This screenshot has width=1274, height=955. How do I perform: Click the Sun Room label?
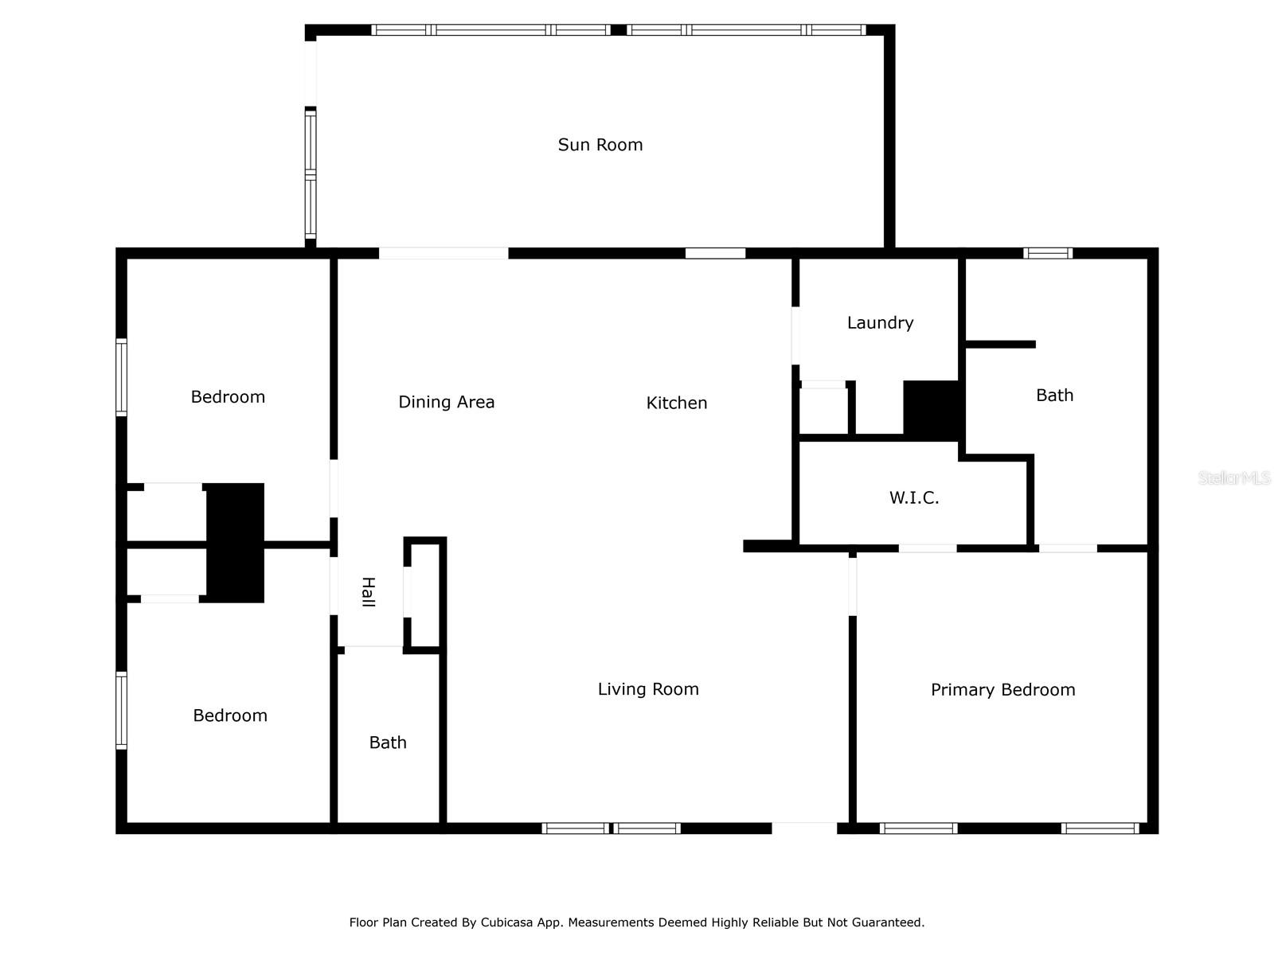pos(600,145)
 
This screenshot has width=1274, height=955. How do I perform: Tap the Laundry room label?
pos(880,323)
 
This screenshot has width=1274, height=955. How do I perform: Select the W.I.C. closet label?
pos(914,498)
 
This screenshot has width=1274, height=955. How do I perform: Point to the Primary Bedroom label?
pos(1002,690)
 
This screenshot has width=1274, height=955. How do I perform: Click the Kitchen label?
pos(676,403)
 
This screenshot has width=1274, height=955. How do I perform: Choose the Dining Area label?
pos(446,403)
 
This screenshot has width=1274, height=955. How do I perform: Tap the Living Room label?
pos(648,689)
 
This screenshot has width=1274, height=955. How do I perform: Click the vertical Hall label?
pos(368,592)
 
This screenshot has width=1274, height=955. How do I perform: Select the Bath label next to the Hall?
pos(388,743)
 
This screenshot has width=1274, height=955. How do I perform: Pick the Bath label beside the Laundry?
pos(1054,396)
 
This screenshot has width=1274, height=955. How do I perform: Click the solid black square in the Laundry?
pos(931,409)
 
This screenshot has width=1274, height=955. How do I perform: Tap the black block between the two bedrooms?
pos(235,543)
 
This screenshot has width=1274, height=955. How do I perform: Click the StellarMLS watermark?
pos(1234,478)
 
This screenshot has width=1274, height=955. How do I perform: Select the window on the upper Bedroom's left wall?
pos(122,377)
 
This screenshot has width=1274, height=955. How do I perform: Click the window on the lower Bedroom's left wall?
pos(122,711)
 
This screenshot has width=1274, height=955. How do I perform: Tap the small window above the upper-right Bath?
pos(1048,254)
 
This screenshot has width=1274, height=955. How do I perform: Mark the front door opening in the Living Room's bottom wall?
pos(804,828)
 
